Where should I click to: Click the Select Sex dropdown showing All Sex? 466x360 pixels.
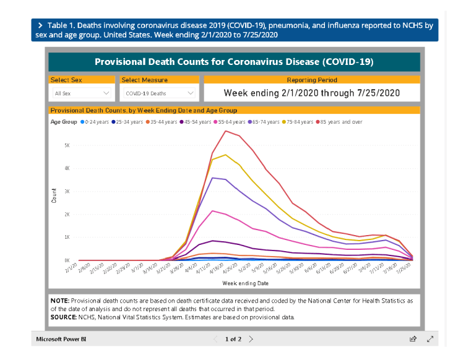pyautogui.click(x=82, y=93)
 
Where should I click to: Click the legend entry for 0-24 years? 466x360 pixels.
pyautogui.click(x=97, y=122)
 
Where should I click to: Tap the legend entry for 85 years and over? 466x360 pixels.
pyautogui.click(x=341, y=122)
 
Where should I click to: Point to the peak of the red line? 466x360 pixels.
pyautogui.click(x=227, y=131)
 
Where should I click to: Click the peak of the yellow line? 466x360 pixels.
pyautogui.click(x=226, y=155)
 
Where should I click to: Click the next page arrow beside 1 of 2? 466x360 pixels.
pyautogui.click(x=251, y=339)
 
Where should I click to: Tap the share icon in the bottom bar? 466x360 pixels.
pyautogui.click(x=413, y=339)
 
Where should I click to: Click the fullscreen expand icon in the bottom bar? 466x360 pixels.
pyautogui.click(x=430, y=339)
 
